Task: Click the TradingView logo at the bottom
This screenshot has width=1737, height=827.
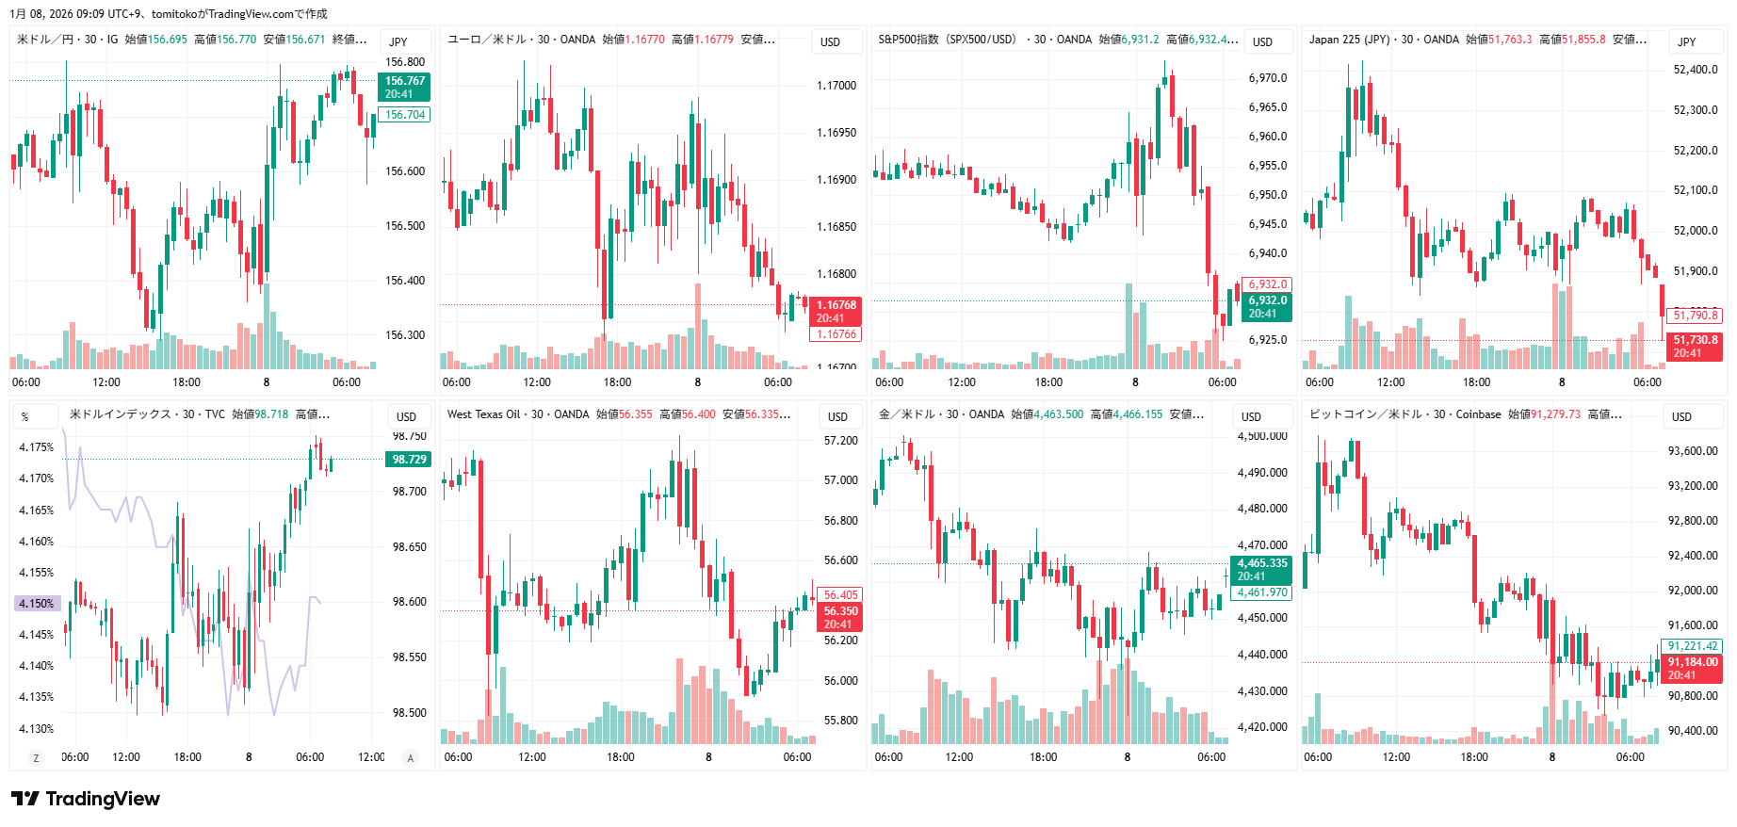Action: [86, 799]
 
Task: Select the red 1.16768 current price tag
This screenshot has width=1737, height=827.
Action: [836, 312]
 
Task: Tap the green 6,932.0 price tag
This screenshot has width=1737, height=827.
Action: [1267, 307]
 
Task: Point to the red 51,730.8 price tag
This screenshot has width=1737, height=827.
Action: [1696, 347]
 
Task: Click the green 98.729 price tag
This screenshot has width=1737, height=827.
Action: [409, 460]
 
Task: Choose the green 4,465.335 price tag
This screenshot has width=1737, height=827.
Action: [1262, 569]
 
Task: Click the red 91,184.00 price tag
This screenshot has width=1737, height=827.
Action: [1693, 668]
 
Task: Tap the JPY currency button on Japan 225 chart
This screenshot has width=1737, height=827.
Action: [1687, 41]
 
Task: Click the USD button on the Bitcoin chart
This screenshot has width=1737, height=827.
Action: [1681, 416]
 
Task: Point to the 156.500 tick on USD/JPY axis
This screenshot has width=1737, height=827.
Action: [405, 226]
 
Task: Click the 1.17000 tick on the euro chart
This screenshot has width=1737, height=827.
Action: [836, 86]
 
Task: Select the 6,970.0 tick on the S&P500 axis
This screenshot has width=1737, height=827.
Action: [1268, 78]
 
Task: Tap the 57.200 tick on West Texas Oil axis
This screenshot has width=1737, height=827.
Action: [840, 441]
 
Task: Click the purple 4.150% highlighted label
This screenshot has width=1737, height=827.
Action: [37, 604]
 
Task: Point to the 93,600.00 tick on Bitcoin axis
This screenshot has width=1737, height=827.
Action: [1693, 451]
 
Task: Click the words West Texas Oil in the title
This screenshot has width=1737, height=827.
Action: [484, 414]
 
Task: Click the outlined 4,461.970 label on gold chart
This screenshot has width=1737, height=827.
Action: [1262, 592]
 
